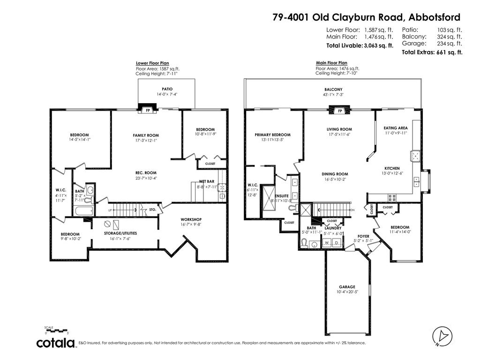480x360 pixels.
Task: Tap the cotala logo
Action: [56, 343]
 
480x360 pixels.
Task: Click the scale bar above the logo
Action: [56, 330]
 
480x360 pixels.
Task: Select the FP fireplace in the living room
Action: [340, 111]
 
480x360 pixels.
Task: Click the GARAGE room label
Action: [347, 287]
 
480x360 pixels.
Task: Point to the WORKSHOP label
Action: [191, 219]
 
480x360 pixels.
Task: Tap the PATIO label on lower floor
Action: [167, 89]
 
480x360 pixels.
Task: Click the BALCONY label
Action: [333, 90]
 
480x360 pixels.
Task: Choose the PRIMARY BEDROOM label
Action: [273, 135]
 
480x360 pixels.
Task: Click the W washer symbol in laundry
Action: [326, 243]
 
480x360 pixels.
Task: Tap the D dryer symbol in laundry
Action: [337, 243]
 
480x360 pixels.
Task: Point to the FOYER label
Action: [363, 236]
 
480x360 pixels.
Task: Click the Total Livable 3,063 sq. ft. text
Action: [359, 46]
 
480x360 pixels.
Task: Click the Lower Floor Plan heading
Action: [152, 63]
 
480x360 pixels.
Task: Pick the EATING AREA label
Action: [395, 127]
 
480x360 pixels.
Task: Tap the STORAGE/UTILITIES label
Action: [114, 233]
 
